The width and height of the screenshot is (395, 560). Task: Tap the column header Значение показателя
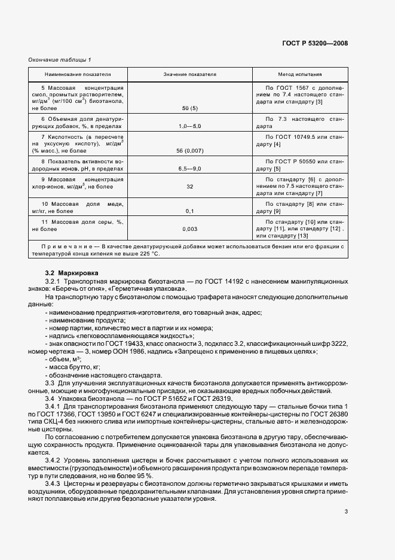pyautogui.click(x=190, y=75)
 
